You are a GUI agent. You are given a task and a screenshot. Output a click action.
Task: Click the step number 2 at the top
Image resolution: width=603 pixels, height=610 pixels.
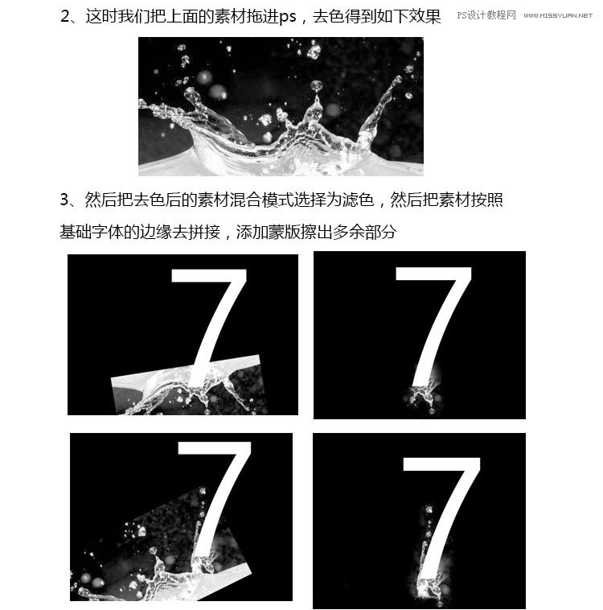66,16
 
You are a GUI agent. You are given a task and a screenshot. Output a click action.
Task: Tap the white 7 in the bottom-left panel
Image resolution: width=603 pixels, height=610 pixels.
215,491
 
